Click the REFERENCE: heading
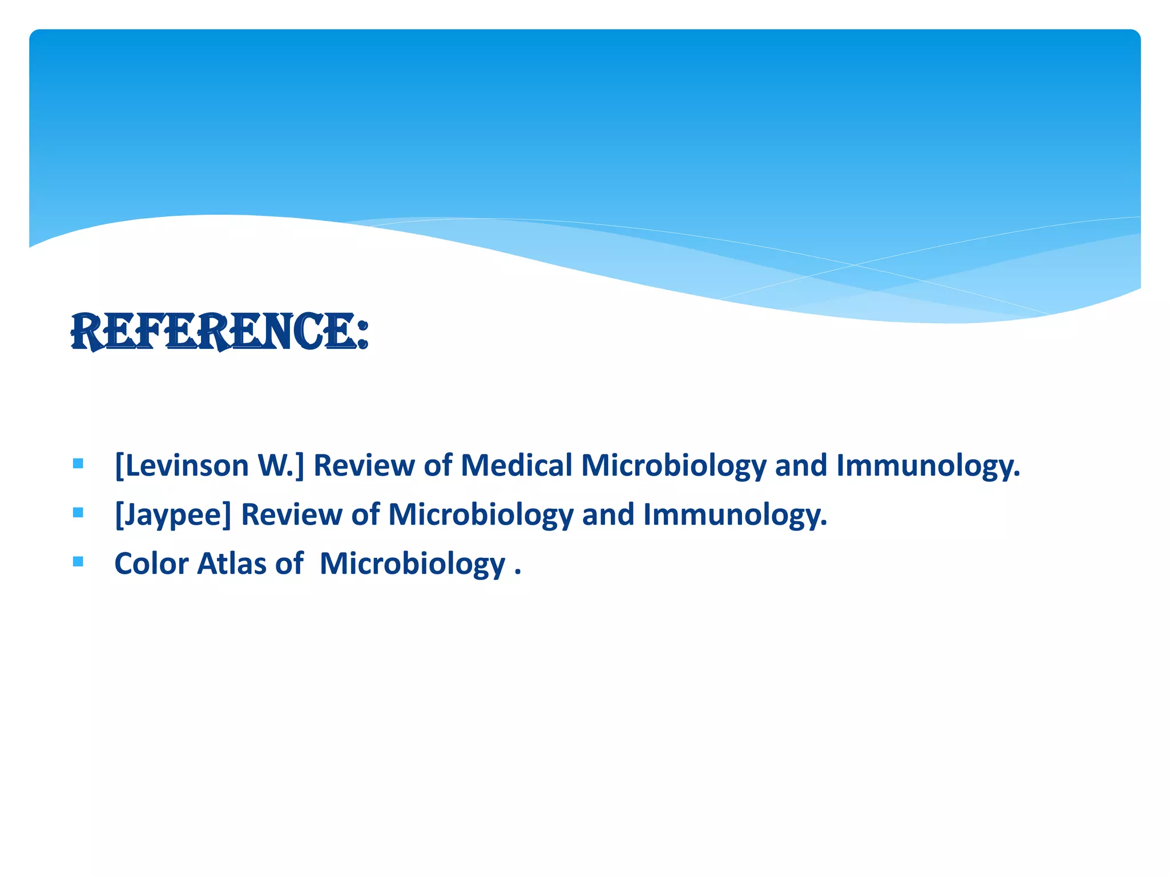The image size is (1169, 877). click(220, 332)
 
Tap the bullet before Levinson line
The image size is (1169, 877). click(78, 463)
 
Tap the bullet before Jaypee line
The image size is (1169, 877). click(78, 512)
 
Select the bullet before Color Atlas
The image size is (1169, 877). click(78, 561)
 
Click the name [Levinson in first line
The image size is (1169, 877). click(182, 465)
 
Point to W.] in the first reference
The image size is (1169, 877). click(281, 465)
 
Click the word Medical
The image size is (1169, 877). click(516, 465)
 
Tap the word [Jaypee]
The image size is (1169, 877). click(173, 515)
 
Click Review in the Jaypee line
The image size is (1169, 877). click(291, 514)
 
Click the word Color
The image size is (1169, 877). click(151, 564)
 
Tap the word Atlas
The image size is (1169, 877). click(232, 564)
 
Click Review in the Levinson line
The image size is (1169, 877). click(364, 465)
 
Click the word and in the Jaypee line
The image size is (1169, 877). click(608, 514)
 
